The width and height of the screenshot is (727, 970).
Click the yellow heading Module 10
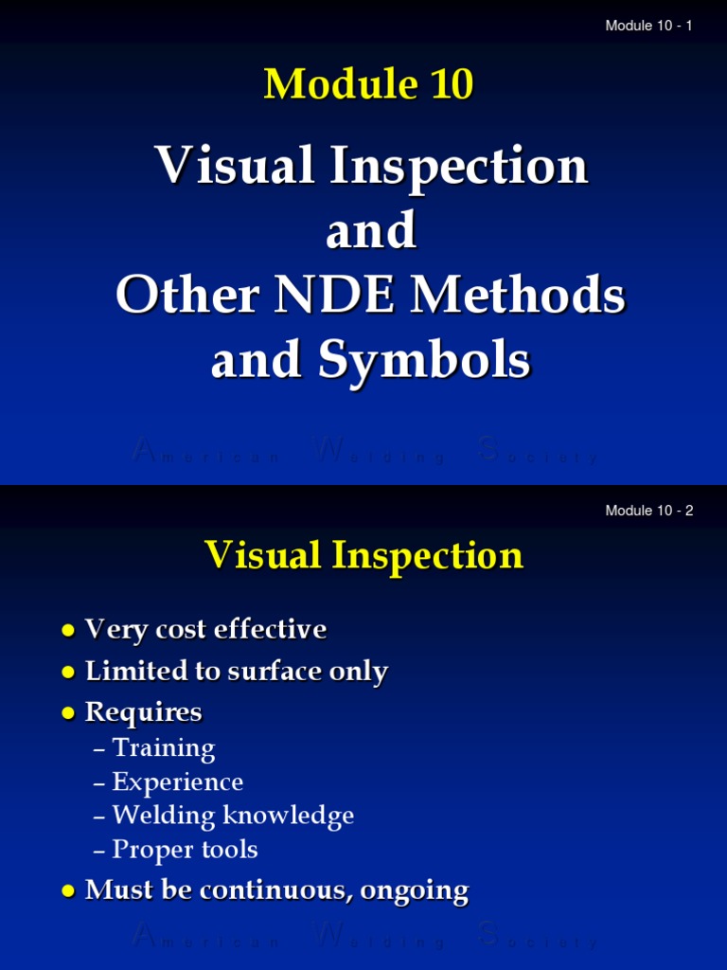(368, 84)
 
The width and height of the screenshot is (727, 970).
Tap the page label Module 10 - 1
(648, 26)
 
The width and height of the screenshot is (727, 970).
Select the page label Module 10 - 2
(648, 511)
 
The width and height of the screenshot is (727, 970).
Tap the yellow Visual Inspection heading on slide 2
(363, 555)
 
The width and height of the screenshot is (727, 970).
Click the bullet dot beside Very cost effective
(67, 631)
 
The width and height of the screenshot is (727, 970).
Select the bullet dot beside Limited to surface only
(67, 673)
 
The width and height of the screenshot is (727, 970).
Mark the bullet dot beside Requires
(67, 713)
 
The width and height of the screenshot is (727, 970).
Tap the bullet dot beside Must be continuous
(67, 891)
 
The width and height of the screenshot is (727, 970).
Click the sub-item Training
(164, 748)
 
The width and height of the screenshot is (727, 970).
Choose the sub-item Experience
(177, 781)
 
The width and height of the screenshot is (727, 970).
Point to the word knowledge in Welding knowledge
(299, 816)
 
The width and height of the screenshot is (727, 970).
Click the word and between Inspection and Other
(371, 231)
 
